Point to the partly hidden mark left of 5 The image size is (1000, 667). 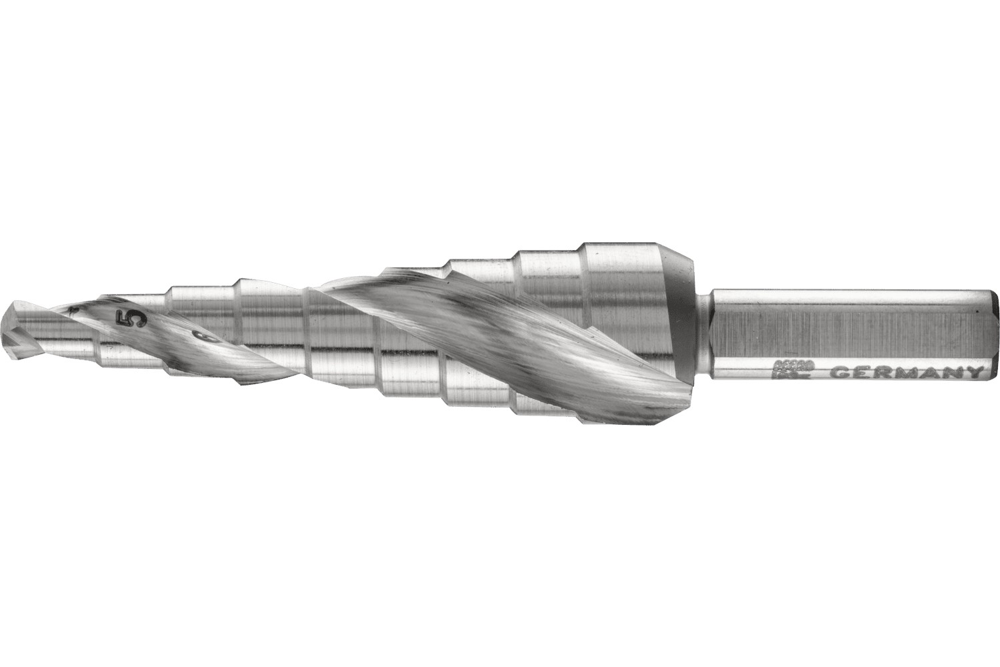coord(75,308)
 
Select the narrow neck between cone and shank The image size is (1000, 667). coord(704,332)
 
